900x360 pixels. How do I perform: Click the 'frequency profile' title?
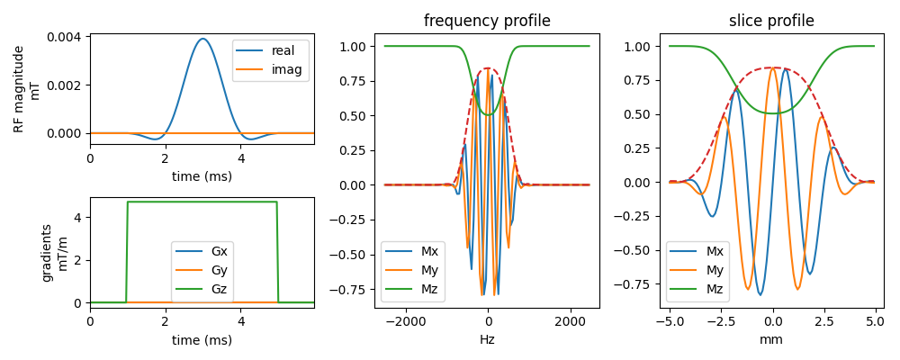tap(487, 22)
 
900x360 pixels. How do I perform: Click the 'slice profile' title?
tap(773, 22)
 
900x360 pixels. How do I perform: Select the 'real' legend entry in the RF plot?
tap(267, 50)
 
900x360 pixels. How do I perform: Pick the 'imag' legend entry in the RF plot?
tap(267, 69)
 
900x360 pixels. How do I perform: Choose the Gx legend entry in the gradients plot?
tap(203, 251)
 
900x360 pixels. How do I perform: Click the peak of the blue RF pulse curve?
tap(202, 39)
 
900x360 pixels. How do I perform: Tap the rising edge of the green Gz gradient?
tap(127, 252)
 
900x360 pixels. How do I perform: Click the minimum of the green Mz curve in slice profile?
tap(773, 113)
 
